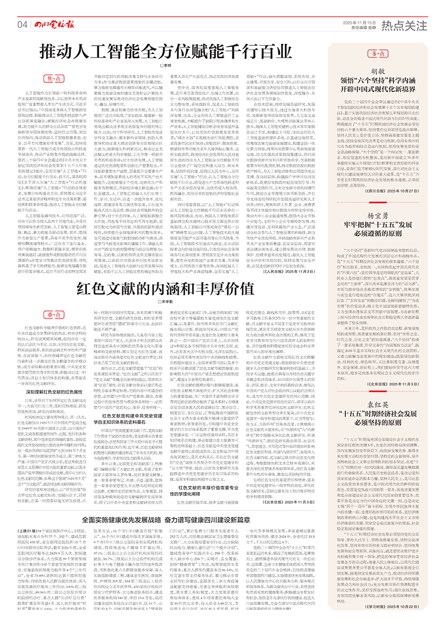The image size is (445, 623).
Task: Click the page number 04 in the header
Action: (x=23, y=24)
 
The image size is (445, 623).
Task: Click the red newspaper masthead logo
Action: (x=56, y=24)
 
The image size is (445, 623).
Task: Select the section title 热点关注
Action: (x=405, y=24)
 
